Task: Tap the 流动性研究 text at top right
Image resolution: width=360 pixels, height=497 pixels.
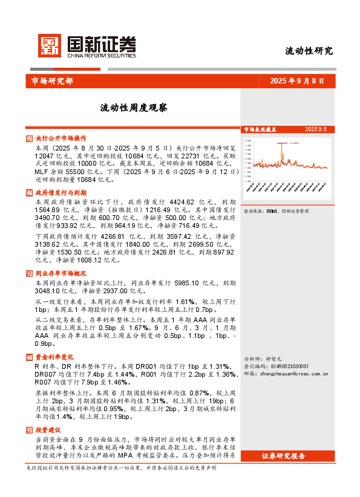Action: point(309,51)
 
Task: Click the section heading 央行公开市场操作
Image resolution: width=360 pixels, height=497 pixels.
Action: point(61,138)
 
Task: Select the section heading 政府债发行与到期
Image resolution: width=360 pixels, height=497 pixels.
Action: point(61,192)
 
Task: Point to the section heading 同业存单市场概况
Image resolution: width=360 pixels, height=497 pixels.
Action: point(61,273)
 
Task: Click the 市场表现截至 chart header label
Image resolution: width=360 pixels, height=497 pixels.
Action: point(260,129)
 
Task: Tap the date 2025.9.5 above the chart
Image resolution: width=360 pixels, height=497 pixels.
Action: point(315,129)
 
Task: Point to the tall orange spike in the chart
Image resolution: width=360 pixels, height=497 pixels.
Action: point(282,151)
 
